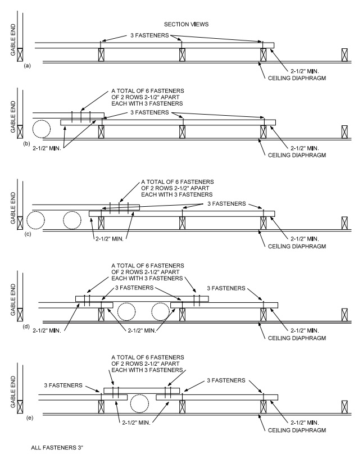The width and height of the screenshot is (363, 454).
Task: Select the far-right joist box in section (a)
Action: (344, 55)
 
